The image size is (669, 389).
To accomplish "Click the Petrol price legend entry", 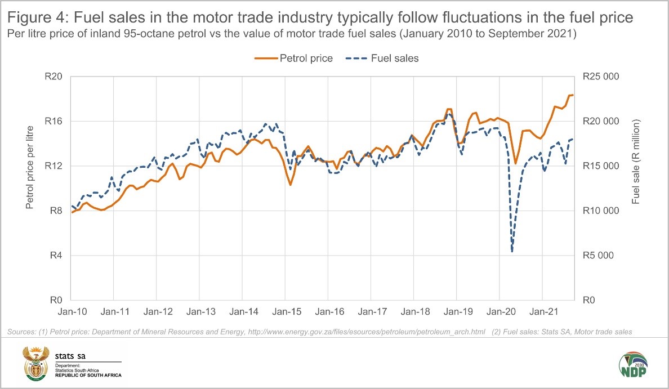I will point(293,58).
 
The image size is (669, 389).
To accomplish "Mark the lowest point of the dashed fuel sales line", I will point(512,251).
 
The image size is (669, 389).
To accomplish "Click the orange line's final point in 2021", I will point(573,95).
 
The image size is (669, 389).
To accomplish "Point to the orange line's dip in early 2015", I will point(291,185).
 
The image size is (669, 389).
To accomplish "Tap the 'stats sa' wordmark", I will point(70,355).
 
